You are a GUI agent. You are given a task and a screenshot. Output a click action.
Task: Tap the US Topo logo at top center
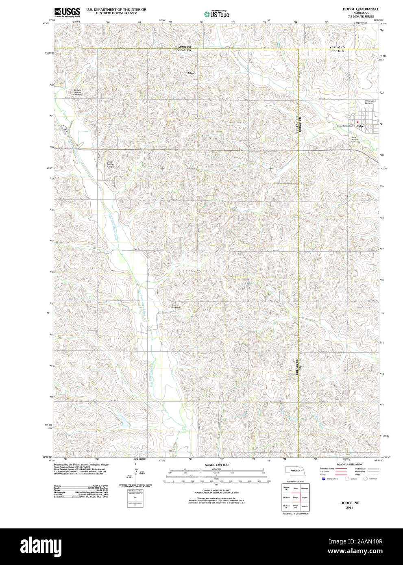(x=217, y=14)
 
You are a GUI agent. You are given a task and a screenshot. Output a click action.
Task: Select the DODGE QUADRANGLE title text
(x=355, y=9)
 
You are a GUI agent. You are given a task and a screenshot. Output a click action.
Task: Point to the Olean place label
(x=192, y=73)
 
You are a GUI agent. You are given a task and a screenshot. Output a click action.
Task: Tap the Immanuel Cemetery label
(x=369, y=102)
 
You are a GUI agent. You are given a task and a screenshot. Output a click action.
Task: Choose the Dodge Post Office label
(x=344, y=126)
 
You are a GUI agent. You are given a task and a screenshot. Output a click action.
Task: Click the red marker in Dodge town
(x=357, y=122)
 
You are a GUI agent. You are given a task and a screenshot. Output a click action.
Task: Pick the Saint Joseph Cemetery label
(x=355, y=139)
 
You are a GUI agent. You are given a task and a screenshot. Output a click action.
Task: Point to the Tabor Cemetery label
(x=175, y=306)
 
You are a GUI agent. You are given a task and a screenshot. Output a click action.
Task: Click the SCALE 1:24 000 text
(x=216, y=465)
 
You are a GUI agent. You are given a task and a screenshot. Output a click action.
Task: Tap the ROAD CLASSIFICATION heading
(x=349, y=464)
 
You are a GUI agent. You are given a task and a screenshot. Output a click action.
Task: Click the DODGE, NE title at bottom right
(x=349, y=503)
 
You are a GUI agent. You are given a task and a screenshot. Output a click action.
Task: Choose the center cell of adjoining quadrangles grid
(x=295, y=497)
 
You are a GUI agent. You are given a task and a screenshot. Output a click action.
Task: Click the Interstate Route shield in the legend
(x=324, y=479)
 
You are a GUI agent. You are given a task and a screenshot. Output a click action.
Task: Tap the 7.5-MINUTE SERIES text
(x=355, y=17)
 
